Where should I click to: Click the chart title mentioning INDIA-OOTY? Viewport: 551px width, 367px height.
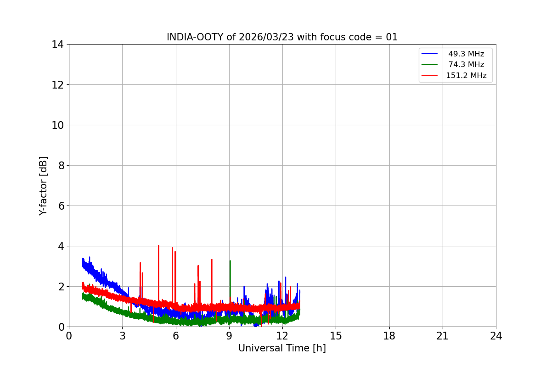282,37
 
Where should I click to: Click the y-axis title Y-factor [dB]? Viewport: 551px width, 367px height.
43,186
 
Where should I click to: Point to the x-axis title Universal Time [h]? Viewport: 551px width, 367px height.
282,348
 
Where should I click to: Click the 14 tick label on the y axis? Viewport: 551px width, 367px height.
58,44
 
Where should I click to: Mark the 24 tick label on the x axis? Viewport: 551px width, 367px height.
496,336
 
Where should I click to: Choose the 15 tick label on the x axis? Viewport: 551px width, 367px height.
336,336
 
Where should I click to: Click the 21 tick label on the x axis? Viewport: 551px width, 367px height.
443,336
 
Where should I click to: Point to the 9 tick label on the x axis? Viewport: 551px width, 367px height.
229,336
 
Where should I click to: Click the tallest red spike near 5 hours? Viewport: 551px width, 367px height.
158,246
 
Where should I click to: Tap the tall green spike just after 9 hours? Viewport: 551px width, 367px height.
230,261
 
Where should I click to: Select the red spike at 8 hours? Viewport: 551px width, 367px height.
212,260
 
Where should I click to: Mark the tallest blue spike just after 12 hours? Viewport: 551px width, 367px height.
286,278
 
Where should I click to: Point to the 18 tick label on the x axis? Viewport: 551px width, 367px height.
389,336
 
